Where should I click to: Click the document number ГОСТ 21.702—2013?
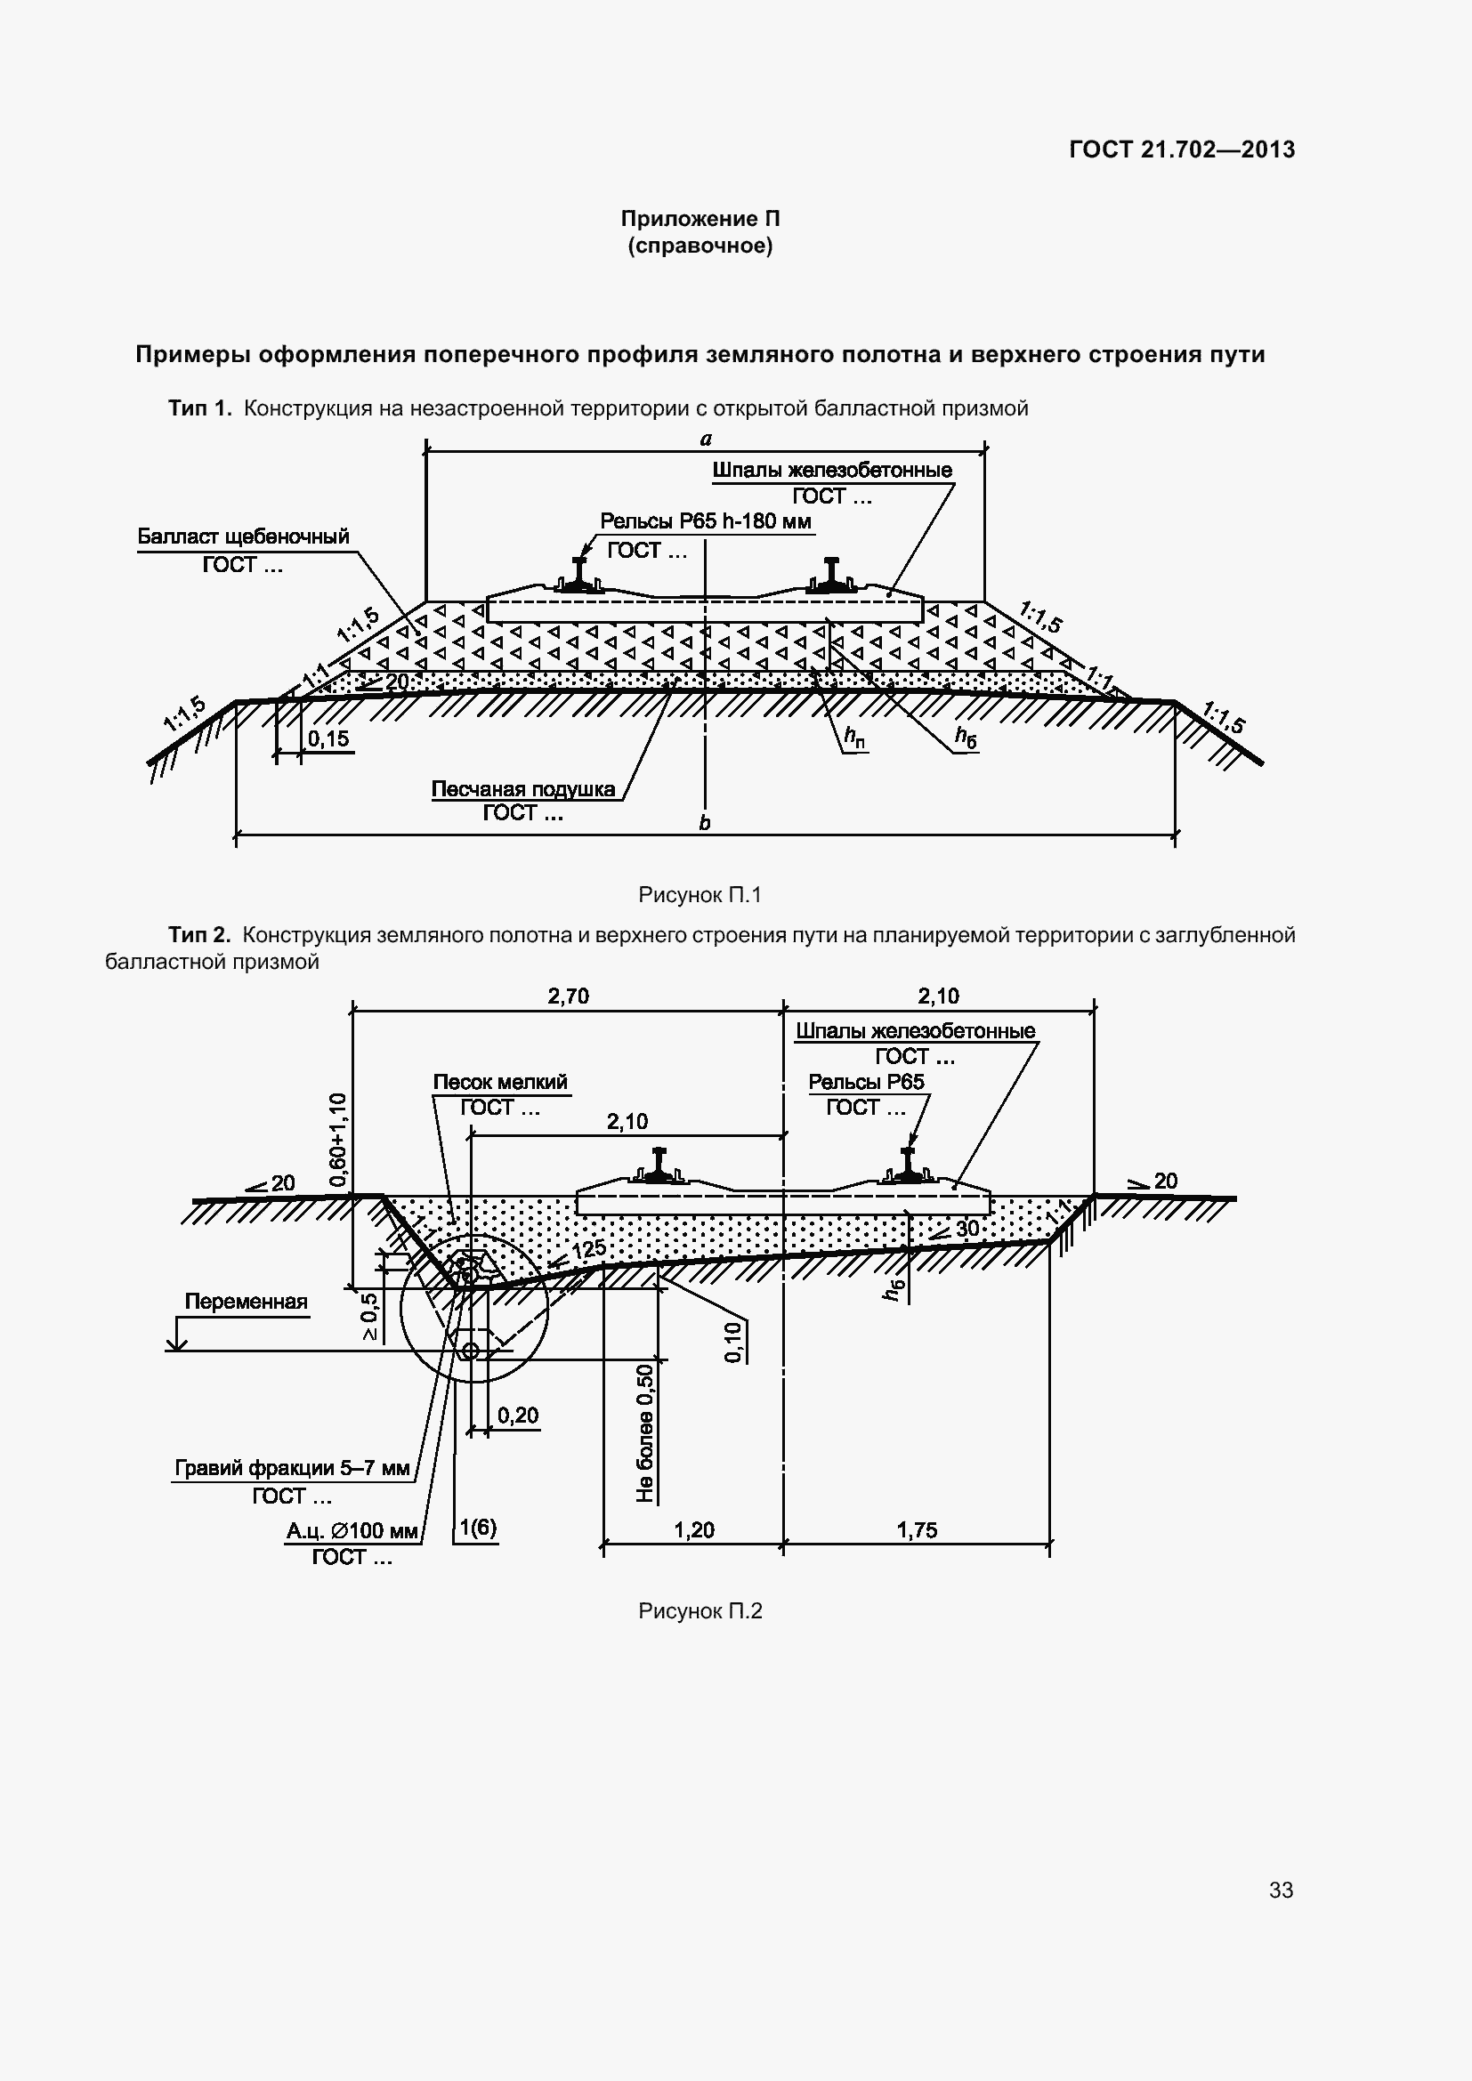pyautogui.click(x=1181, y=149)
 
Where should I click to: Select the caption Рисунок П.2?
pyautogui.click(x=700, y=1610)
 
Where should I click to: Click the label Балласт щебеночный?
pyautogui.click(x=243, y=536)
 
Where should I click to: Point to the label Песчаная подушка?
pyautogui.click(x=523, y=789)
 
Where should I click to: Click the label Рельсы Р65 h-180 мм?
pyautogui.click(x=705, y=521)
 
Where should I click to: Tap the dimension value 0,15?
pyautogui.click(x=328, y=738)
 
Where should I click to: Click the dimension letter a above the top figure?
pyautogui.click(x=706, y=440)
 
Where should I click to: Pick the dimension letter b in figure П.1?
pyautogui.click(x=704, y=823)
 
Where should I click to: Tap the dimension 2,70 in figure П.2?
pyautogui.click(x=569, y=997)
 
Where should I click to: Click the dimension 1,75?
pyautogui.click(x=917, y=1531)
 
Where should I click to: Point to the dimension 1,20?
pyautogui.click(x=694, y=1531)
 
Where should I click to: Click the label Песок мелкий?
pyautogui.click(x=499, y=1082)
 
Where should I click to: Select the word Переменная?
pyautogui.click(x=246, y=1302)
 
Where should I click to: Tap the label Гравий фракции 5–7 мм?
pyautogui.click(x=292, y=1467)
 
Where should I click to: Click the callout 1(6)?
pyautogui.click(x=478, y=1528)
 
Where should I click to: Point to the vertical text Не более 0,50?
pyautogui.click(x=645, y=1432)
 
